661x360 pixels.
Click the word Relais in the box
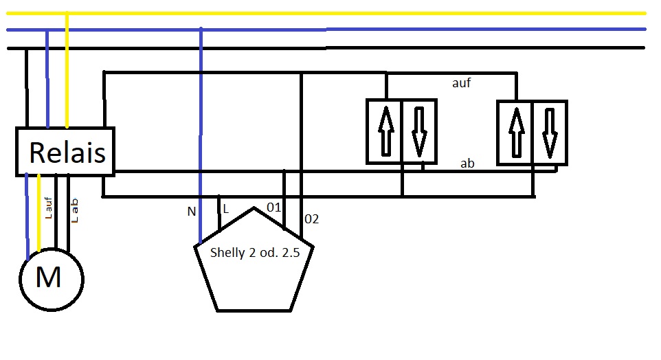pos(67,152)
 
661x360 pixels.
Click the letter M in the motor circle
pos(48,278)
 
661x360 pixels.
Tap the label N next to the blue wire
pos(191,212)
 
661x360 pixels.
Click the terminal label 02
pos(312,219)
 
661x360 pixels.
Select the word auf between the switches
pos(461,83)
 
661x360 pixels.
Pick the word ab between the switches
pos(467,164)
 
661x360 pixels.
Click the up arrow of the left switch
pos(386,131)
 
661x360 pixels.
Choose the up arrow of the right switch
pos(517,131)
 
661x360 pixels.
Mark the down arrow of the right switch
pos(548,131)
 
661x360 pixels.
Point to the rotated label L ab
pos(76,210)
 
